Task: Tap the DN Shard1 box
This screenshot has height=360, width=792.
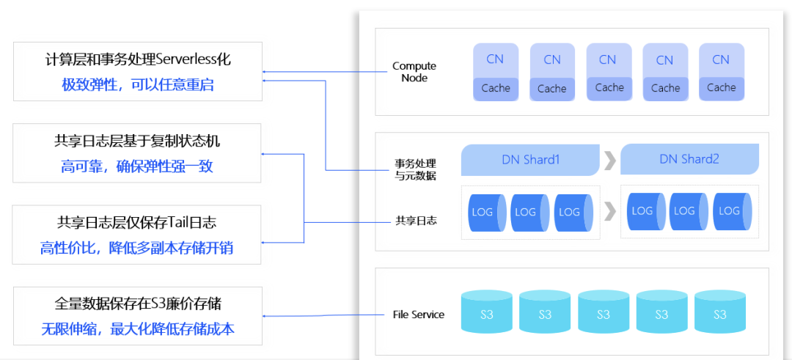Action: click(530, 160)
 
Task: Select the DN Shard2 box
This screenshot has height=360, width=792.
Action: click(689, 160)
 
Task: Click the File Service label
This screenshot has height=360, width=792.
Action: click(419, 315)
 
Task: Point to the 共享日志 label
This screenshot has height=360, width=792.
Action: click(416, 220)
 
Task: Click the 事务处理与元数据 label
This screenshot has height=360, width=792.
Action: click(415, 169)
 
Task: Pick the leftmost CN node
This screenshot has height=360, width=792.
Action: click(496, 72)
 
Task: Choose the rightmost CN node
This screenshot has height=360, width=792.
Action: click(721, 72)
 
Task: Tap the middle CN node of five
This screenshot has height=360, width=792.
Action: click(609, 72)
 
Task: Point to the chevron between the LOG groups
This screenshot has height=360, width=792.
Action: click(610, 212)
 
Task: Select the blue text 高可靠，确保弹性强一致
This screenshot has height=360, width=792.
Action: click(137, 166)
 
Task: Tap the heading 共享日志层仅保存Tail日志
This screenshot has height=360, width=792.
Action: click(137, 223)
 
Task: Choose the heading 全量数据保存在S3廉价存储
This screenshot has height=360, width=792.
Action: click(137, 304)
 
